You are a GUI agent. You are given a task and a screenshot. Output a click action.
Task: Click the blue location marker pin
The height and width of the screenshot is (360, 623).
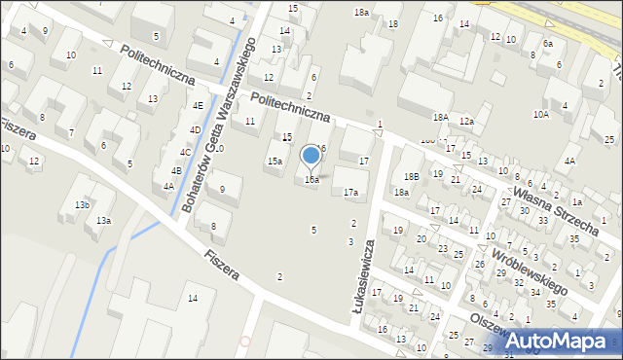[311, 156]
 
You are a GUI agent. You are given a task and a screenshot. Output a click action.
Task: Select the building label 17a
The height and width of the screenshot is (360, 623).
[350, 193]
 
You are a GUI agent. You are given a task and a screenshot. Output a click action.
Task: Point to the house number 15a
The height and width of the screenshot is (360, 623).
[275, 162]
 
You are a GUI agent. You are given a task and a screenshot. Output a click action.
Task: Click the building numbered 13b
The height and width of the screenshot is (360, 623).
[82, 205]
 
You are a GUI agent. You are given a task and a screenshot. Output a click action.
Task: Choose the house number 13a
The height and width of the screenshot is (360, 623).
[103, 221]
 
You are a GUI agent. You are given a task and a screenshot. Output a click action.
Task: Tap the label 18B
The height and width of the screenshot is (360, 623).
[413, 176]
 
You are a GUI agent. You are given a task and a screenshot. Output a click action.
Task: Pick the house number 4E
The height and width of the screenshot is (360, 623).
[198, 105]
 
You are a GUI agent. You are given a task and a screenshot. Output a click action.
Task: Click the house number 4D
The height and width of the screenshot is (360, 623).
[195, 129]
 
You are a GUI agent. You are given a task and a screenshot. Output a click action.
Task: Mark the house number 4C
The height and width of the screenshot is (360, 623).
[185, 152]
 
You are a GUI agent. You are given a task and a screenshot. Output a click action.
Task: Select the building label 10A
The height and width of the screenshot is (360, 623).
[540, 114]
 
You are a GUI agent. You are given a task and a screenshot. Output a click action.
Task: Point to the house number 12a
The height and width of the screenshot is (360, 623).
[466, 121]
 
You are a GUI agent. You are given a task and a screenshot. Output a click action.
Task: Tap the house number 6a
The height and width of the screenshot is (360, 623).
[548, 44]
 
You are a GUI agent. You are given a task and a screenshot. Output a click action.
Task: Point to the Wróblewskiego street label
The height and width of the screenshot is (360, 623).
[530, 270]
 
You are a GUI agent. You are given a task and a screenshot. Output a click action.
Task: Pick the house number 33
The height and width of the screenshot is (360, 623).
[543, 221]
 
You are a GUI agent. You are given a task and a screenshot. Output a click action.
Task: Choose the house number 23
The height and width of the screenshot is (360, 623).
[443, 249]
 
